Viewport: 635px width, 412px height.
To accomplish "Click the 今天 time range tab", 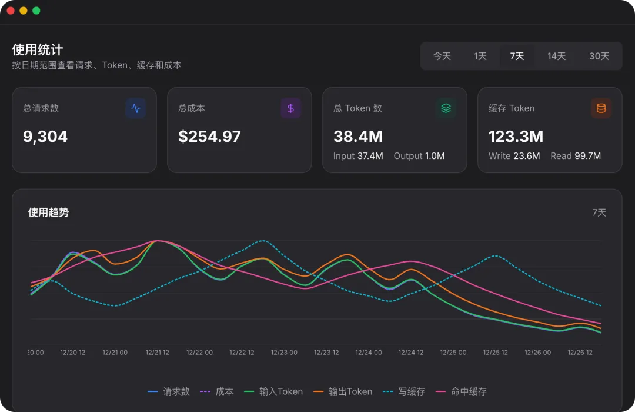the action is click(442, 56).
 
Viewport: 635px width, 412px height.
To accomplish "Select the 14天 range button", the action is click(556, 56).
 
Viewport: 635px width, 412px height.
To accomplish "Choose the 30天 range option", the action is click(599, 56).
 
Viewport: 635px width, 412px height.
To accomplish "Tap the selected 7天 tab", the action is click(517, 56).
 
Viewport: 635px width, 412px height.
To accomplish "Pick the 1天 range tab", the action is click(480, 56).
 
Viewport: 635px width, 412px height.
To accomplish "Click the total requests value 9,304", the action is click(45, 137).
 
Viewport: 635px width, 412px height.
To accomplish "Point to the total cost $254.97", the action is click(209, 137).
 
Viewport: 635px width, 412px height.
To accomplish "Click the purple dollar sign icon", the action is click(291, 108).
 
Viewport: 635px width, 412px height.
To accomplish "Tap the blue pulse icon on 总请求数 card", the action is click(136, 108).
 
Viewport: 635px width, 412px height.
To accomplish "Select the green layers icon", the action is click(446, 108).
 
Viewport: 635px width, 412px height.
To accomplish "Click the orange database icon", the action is click(601, 108).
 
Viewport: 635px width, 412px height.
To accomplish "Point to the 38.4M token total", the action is click(358, 137).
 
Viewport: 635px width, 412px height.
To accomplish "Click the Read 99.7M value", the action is click(576, 156).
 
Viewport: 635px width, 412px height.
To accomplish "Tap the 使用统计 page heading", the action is click(38, 49).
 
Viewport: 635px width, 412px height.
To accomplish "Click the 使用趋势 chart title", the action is click(49, 212).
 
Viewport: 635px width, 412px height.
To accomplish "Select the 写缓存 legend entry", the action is click(404, 391).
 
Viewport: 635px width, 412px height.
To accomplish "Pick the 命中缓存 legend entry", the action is click(461, 391).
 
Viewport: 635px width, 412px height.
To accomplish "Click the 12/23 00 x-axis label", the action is click(284, 353).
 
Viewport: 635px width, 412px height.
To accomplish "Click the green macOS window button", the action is click(36, 11).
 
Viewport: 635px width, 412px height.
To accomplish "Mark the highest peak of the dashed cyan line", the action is click(263, 241).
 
